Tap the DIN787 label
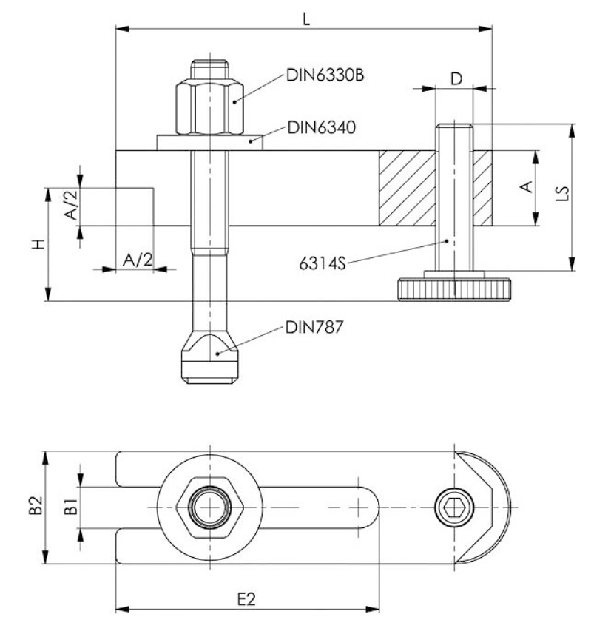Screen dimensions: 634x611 click(314, 326)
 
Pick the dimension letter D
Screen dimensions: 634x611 click(456, 77)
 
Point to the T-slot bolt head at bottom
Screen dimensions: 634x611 click(210, 358)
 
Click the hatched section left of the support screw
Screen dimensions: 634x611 click(406, 189)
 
